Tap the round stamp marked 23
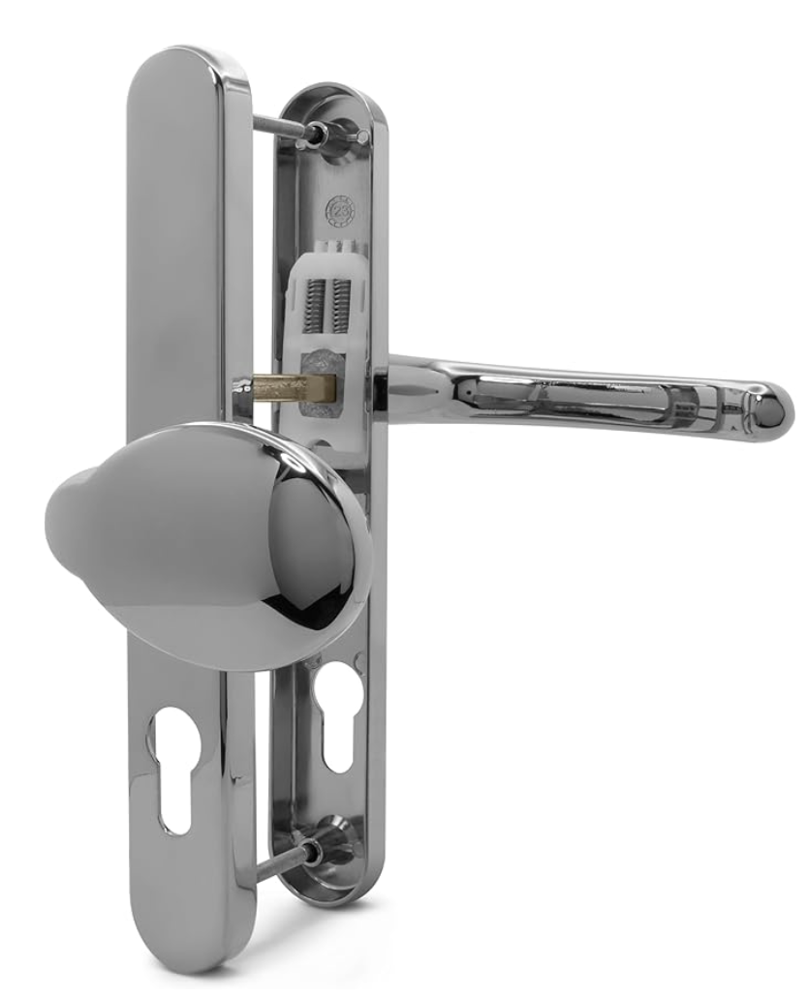[338, 207]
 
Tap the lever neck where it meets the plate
[407, 387]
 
